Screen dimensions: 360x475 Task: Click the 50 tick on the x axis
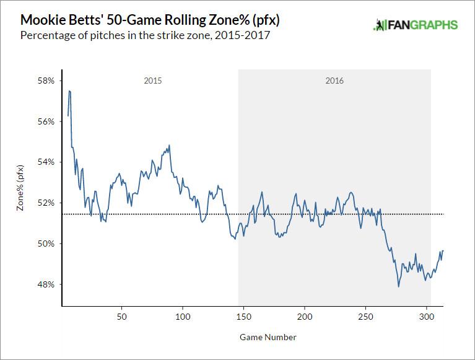[122, 316]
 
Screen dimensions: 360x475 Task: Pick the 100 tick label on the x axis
[183, 316]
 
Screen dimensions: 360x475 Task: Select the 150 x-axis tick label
[243, 316]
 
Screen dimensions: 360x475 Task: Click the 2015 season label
[153, 81]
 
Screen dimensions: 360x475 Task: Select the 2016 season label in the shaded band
[334, 81]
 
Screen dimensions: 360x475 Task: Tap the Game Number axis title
[268, 338]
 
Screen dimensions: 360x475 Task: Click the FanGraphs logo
[416, 25]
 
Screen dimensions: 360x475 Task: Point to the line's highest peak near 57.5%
[70, 91]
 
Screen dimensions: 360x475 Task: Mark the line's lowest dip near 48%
[399, 286]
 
